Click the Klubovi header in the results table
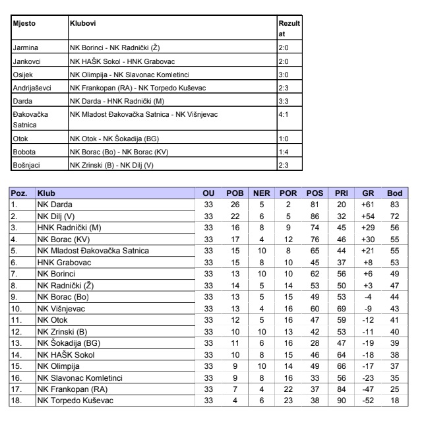pos(82,24)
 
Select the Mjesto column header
pos(24,24)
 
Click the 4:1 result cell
pos(285,116)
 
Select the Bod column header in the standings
pos(394,195)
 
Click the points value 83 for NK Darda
pos(394,205)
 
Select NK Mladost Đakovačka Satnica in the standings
pos(93,251)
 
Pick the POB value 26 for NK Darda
pos(234,205)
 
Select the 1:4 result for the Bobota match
pos(284,151)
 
